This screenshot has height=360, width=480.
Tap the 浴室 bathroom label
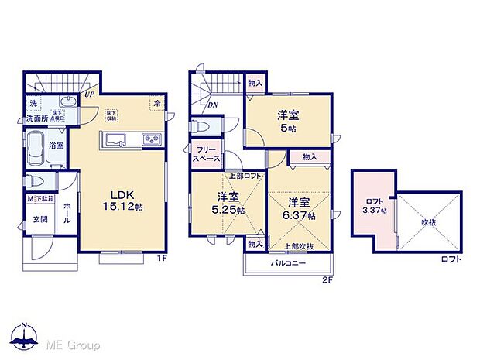[x=57, y=145]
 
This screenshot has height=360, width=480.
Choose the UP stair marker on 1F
[x=89, y=94]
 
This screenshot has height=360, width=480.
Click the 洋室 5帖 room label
[x=290, y=122]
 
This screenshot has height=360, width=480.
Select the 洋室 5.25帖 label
[x=229, y=203]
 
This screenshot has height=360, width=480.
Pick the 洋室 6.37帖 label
[x=300, y=208]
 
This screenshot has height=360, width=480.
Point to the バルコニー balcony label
[x=288, y=264]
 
